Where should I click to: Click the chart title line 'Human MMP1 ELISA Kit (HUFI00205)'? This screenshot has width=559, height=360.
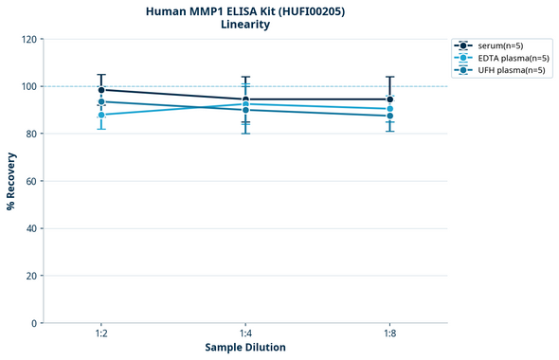click(x=244, y=10)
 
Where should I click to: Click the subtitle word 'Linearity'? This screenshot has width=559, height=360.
click(x=244, y=25)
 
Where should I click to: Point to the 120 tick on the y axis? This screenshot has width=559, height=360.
click(x=27, y=39)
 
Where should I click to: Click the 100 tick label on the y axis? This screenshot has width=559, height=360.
click(x=27, y=86)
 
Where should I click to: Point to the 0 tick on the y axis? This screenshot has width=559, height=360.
click(x=33, y=323)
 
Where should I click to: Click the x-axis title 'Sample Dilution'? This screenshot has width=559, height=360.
click(x=245, y=348)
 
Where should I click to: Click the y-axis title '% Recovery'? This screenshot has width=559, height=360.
click(x=10, y=181)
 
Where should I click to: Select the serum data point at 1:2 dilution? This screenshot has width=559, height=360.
click(x=101, y=90)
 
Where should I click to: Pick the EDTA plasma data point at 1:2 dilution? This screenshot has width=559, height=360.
click(x=101, y=115)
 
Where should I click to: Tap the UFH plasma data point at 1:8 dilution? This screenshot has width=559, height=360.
click(x=389, y=116)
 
